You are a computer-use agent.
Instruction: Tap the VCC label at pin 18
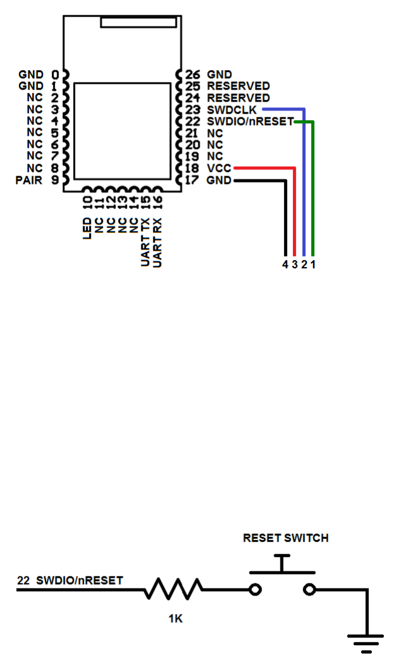(x=219, y=169)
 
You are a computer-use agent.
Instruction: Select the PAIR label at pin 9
(x=29, y=181)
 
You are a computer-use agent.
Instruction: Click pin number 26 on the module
(x=193, y=74)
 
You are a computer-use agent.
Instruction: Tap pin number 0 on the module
(x=56, y=74)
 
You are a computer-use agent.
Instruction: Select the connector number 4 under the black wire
(x=285, y=264)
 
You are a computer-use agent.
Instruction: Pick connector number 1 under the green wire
(x=313, y=264)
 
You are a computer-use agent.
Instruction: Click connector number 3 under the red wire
(x=294, y=264)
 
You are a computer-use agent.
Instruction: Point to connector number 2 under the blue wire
(x=304, y=264)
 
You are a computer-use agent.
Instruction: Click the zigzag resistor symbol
(x=174, y=589)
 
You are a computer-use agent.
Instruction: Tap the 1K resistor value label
(x=175, y=619)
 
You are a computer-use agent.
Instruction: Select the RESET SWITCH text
(x=285, y=538)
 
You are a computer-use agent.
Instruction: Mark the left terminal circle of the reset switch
(x=255, y=590)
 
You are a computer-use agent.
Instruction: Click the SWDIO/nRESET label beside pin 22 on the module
(x=250, y=121)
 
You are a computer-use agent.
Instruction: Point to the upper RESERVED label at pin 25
(x=238, y=86)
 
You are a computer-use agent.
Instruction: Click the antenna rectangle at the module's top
(x=138, y=22)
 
